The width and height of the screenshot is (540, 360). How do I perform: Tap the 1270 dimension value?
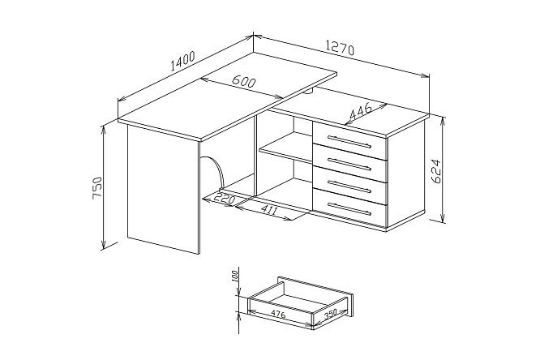340,48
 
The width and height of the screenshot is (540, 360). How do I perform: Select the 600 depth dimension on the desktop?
244,81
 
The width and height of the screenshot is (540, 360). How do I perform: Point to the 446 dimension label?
361,111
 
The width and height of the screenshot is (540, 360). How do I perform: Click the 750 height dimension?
97,188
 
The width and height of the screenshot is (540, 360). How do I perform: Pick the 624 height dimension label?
435,171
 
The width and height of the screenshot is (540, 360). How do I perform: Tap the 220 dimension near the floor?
225,199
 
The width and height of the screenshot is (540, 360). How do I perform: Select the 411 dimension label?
268,209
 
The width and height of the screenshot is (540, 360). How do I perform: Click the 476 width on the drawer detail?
278,314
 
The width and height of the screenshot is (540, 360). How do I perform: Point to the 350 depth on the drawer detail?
330,314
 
